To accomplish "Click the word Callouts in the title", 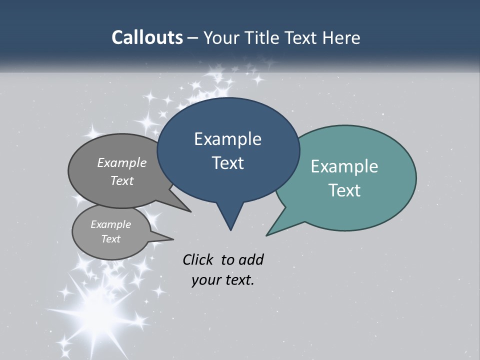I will coord(147,37).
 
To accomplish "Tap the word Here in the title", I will coord(342,37).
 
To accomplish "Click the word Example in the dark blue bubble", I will coord(227,139).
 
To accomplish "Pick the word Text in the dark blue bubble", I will coord(227,163).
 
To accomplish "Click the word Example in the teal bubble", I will coord(344,166).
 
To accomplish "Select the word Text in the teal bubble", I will coord(344,190).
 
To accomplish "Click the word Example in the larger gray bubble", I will coord(122,162).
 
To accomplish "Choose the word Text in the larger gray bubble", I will coord(122,180).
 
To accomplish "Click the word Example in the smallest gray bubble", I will coord(110,224).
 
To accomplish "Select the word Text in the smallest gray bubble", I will coord(110,239).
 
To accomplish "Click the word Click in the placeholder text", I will coord(198,259).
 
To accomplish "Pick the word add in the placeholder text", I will coord(251,259).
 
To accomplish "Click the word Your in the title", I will coord(222,37).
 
